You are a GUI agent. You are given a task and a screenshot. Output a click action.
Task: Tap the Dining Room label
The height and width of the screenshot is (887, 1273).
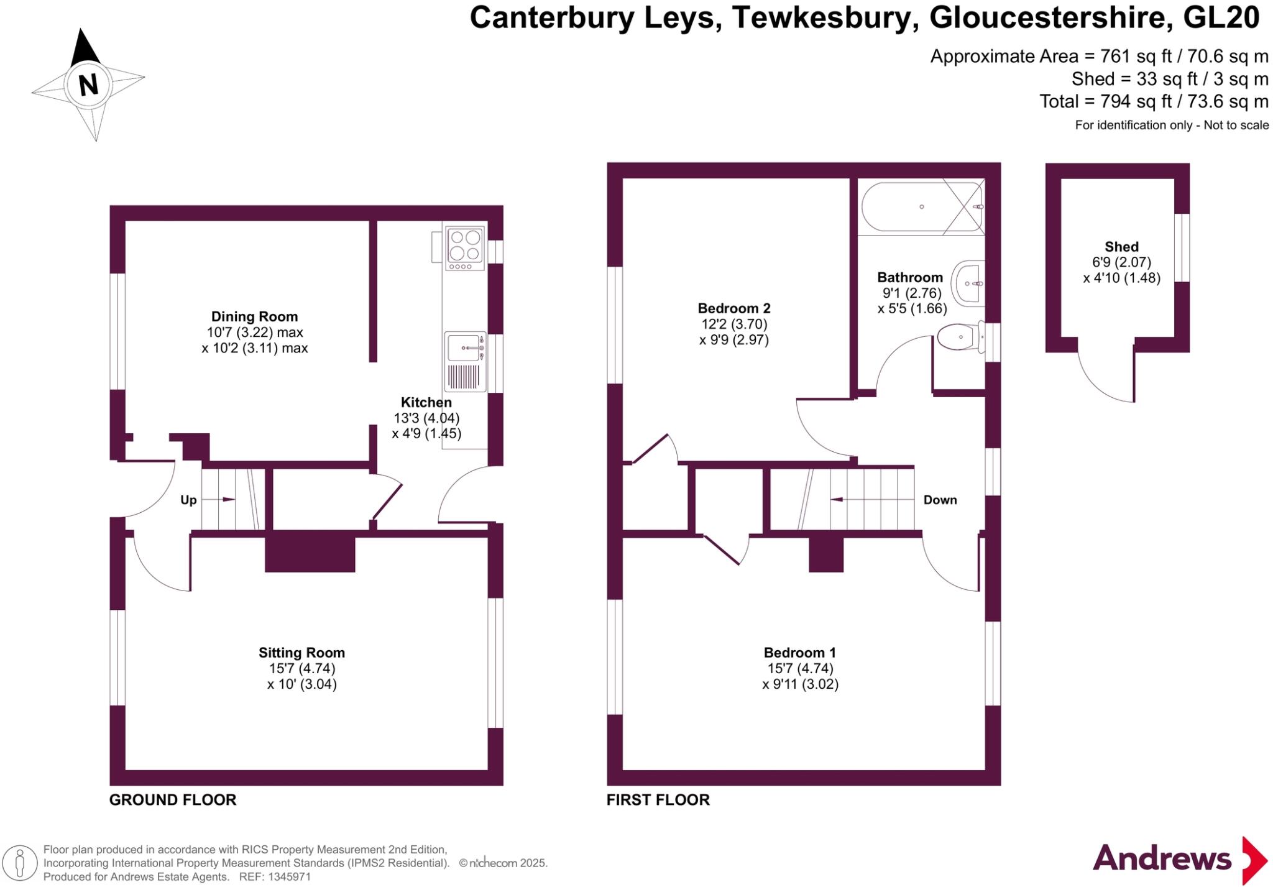pyautogui.click(x=254, y=316)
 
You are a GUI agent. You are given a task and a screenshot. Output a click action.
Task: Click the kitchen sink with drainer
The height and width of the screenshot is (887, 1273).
pyautogui.click(x=465, y=361)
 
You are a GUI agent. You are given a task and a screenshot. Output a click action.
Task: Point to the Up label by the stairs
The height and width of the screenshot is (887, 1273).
pyautogui.click(x=188, y=500)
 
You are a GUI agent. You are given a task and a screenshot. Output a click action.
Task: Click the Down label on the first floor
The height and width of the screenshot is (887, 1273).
pyautogui.click(x=940, y=500)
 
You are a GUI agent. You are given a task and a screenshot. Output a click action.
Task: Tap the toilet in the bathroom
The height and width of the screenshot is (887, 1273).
pyautogui.click(x=959, y=338)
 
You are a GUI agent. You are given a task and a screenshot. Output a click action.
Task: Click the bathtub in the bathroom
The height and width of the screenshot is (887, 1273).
pyautogui.click(x=922, y=207)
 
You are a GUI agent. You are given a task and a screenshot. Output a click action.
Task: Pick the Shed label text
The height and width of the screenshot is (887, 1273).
pyautogui.click(x=1121, y=247)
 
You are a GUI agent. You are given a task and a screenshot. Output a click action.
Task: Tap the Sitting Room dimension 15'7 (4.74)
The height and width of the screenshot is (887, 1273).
pyautogui.click(x=301, y=668)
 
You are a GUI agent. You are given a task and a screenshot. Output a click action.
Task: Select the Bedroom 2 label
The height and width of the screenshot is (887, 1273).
pyautogui.click(x=733, y=308)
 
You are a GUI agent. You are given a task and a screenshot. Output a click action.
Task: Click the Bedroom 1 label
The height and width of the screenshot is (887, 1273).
pyautogui.click(x=799, y=653)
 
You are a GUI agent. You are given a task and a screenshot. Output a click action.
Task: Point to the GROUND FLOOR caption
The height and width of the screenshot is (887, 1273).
pyautogui.click(x=173, y=800)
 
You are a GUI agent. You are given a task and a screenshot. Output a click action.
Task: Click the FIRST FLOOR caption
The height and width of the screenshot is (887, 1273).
pyautogui.click(x=658, y=800)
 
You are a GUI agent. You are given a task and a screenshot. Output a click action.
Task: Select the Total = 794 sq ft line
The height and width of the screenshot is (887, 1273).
pyautogui.click(x=1153, y=101)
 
